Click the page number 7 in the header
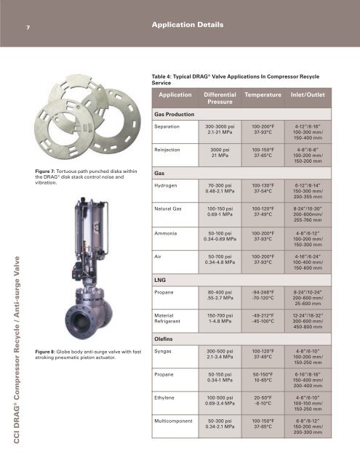tap(28, 28)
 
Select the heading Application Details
tap(188, 25)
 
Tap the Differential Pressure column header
tap(220, 98)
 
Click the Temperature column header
tap(263, 95)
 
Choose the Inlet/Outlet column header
tap(308, 95)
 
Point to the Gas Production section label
tap(175, 115)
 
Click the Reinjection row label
tap(167, 150)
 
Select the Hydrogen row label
tap(166, 186)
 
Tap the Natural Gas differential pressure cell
tap(220, 211)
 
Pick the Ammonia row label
tap(166, 233)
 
